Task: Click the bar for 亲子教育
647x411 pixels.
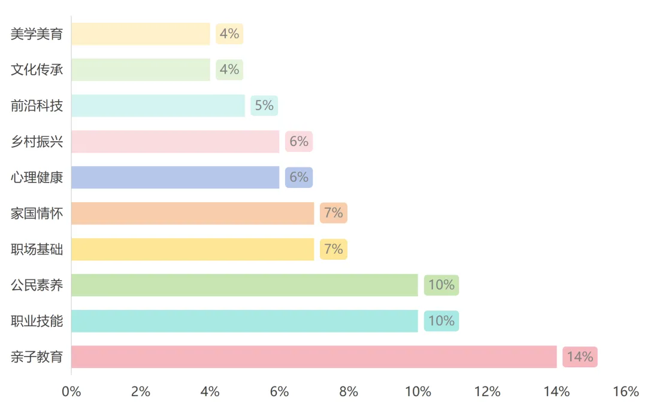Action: (314, 357)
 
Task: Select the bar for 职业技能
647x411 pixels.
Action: (244, 321)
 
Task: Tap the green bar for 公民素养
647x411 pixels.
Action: (244, 285)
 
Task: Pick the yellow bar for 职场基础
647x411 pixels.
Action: (192, 249)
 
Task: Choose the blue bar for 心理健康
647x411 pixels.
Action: (175, 177)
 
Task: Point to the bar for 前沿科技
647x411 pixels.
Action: (158, 105)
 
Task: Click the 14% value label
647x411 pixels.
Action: (580, 357)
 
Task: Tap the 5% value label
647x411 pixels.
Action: (264, 105)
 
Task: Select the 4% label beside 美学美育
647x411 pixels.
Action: (229, 34)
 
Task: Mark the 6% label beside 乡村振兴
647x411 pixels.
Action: (299, 141)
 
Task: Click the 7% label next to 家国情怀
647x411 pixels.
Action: (334, 213)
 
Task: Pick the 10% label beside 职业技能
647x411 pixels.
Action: (442, 321)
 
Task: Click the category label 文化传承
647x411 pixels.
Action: (37, 69)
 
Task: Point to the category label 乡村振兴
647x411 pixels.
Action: (37, 141)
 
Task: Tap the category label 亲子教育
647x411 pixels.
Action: (37, 357)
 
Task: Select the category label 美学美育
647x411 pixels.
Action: (37, 34)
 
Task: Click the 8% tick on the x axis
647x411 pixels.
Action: (349, 392)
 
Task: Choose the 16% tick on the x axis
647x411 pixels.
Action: (626, 392)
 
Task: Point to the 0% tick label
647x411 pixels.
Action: (71, 392)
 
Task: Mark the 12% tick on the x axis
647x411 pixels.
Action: (487, 392)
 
